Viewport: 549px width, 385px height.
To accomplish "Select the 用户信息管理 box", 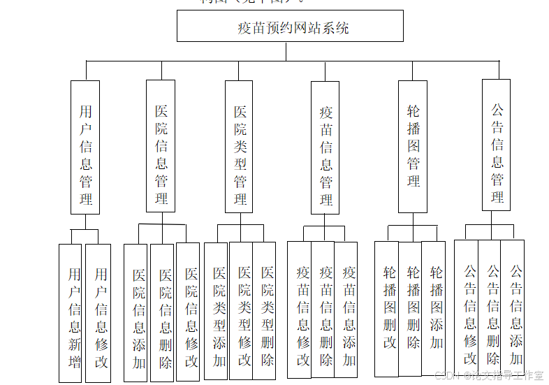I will (85, 147).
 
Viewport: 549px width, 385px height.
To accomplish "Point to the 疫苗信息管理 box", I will (325, 147).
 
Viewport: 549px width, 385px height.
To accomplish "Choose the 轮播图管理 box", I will (412, 146).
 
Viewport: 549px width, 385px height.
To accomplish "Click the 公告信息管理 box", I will (496, 145).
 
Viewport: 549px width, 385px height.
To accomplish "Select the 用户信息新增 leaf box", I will (71, 313).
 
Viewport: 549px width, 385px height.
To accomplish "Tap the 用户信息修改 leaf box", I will (98, 313).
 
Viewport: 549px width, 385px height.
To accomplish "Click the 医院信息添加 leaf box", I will (136, 313).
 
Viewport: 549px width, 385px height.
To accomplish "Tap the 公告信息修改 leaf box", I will (467, 309).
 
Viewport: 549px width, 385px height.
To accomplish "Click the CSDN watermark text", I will (489, 375).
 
